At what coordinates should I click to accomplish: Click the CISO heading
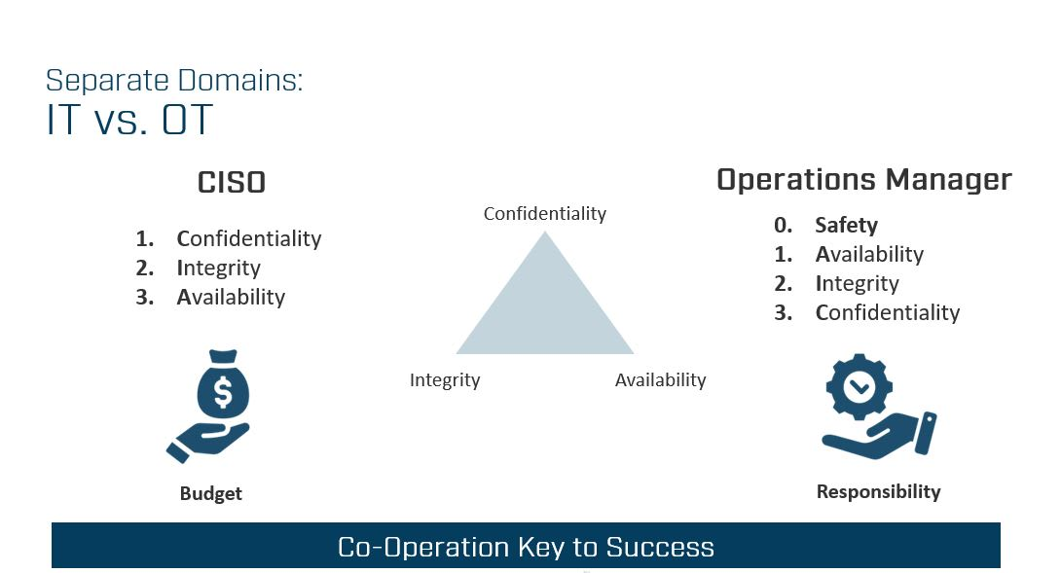tap(232, 183)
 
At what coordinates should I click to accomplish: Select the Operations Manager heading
tap(864, 180)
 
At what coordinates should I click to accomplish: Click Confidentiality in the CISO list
tap(249, 238)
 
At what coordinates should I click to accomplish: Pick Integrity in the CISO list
tap(219, 268)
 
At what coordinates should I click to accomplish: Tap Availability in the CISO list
tap(231, 297)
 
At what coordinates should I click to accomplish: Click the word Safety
tap(847, 226)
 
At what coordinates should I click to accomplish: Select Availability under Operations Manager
tap(869, 254)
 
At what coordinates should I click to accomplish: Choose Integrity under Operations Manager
tap(858, 283)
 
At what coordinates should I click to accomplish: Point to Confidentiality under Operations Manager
tap(888, 312)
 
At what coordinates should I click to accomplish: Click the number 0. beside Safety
tap(783, 226)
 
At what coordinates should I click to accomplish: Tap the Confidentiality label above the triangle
tap(545, 214)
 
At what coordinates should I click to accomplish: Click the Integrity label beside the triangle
tap(445, 380)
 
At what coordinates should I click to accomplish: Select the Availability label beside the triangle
tap(660, 380)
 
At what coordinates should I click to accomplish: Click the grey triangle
tap(545, 311)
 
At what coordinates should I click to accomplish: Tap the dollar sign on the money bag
tap(223, 392)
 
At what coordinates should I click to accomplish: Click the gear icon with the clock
tap(860, 387)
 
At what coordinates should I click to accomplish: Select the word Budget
tap(210, 494)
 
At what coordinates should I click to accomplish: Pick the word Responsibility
tap(878, 492)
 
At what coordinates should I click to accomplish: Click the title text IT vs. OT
tap(129, 121)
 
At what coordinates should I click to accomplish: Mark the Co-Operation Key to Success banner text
tap(526, 547)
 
